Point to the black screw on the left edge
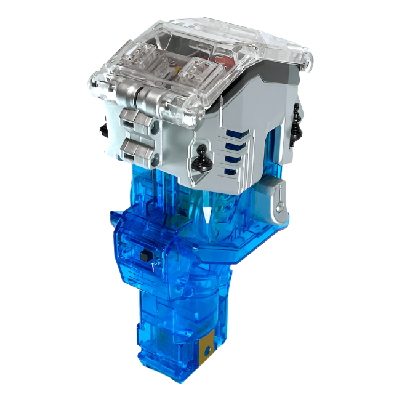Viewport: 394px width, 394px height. click(102, 130)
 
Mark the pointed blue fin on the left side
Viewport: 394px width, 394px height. click(117, 219)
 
